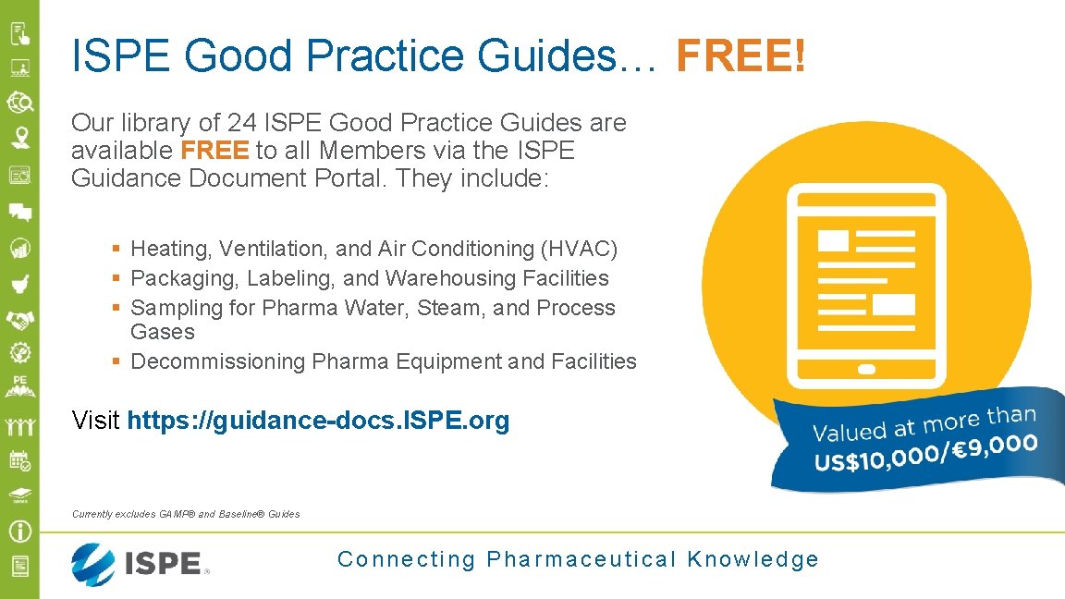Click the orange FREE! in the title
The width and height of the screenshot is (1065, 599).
tap(741, 55)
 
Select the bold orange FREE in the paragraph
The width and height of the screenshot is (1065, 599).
tap(214, 150)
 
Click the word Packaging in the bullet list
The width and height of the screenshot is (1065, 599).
tap(177, 278)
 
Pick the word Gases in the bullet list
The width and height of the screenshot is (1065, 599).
tap(163, 332)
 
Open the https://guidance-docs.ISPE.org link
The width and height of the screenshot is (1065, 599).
tap(318, 422)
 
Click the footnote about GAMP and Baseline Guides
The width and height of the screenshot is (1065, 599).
tap(186, 514)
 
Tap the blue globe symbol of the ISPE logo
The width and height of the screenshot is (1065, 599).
tap(93, 564)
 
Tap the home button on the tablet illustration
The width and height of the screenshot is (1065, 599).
tap(866, 369)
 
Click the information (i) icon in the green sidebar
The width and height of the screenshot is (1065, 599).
tap(20, 532)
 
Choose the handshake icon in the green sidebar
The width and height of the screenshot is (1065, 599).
tap(20, 319)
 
